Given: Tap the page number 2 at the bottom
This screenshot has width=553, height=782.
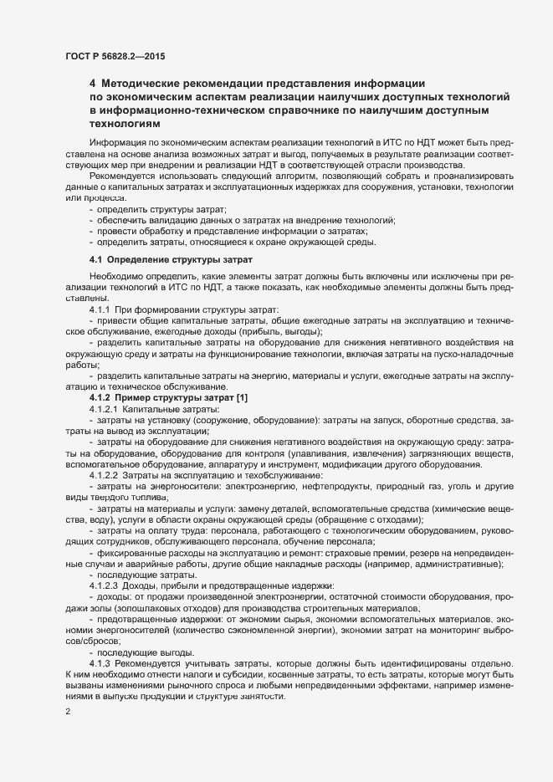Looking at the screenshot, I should point(68,712).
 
